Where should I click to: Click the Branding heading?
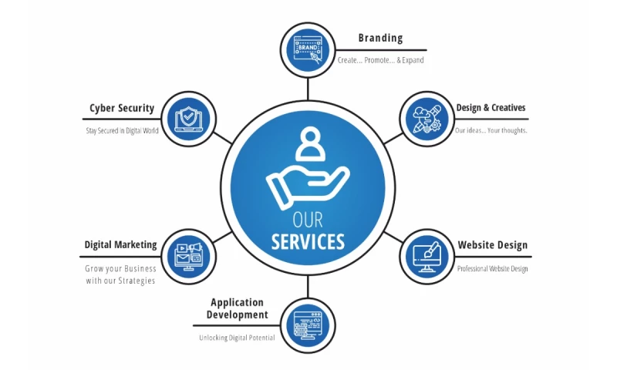(380, 39)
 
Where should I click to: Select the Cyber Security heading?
(122, 109)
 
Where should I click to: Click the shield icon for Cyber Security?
(187, 119)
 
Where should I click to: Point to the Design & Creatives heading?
(491, 108)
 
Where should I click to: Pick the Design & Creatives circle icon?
(427, 119)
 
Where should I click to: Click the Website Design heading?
(492, 245)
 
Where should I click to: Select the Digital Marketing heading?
(120, 245)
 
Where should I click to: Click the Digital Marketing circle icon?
(187, 257)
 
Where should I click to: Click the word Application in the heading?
(237, 302)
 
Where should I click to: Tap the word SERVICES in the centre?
(308, 242)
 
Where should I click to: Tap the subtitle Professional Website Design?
(492, 269)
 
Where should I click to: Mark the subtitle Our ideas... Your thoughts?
(491, 130)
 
